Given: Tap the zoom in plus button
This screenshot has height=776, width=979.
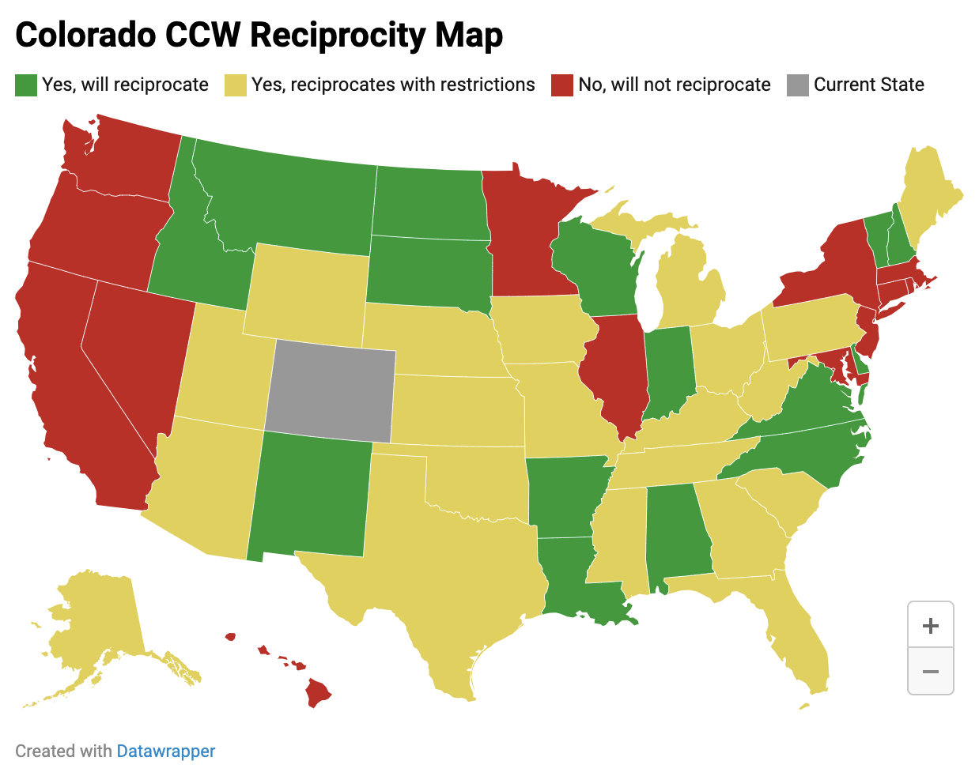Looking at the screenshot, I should tap(931, 626).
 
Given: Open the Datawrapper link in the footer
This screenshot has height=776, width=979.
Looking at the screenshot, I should tap(165, 751).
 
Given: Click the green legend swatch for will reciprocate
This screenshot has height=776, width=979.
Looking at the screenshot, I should tap(26, 85).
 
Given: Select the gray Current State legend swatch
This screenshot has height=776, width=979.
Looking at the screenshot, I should tap(798, 85).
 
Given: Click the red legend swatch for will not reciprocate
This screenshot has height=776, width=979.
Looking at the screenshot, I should tap(562, 85).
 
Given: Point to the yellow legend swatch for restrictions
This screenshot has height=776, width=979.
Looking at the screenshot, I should tap(236, 85).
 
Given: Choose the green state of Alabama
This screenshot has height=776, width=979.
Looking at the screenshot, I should tap(676, 537).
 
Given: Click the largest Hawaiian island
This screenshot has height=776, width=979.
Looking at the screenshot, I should tap(318, 693).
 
